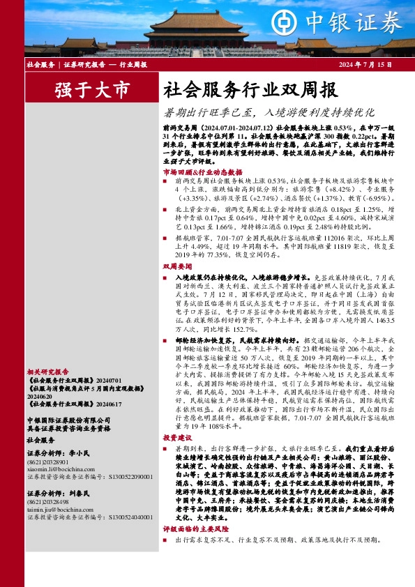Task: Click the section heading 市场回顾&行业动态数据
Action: [x=202, y=171]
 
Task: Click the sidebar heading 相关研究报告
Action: [x=47, y=372]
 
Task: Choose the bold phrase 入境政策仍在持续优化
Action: [x=208, y=277]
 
